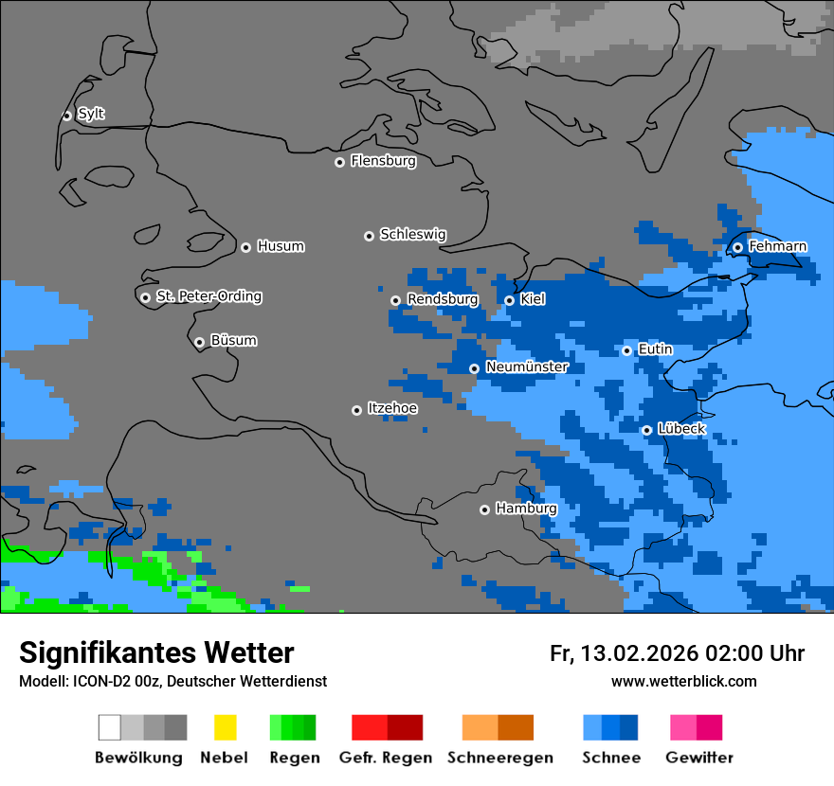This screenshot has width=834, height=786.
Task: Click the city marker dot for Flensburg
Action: [x=339, y=162]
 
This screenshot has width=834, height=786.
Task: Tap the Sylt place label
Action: [x=91, y=114]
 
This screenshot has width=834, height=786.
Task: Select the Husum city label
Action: [x=281, y=246]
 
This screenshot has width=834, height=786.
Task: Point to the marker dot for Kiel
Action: [x=509, y=300]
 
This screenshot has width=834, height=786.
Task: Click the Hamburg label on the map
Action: [x=526, y=509]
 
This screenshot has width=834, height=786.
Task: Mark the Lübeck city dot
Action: [x=646, y=430]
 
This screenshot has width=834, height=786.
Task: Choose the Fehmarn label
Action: [x=777, y=246]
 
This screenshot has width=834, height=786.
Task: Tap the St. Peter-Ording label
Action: [x=208, y=296]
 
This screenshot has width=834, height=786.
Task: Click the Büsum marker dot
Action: [x=199, y=342]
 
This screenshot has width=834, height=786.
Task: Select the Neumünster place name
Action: [x=527, y=366]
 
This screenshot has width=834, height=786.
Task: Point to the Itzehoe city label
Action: [x=392, y=408]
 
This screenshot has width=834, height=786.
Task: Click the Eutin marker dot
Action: [x=626, y=350]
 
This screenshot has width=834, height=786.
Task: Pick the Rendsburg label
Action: [x=442, y=299]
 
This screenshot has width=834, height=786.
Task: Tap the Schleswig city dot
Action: [x=369, y=236]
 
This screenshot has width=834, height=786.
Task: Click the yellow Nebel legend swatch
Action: [x=225, y=727]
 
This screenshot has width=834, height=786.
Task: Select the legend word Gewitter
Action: [x=698, y=758]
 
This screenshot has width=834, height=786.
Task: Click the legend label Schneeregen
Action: [x=499, y=758]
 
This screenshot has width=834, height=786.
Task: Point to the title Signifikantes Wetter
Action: [x=156, y=652]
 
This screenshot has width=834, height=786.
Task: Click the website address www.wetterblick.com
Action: [x=683, y=681]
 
